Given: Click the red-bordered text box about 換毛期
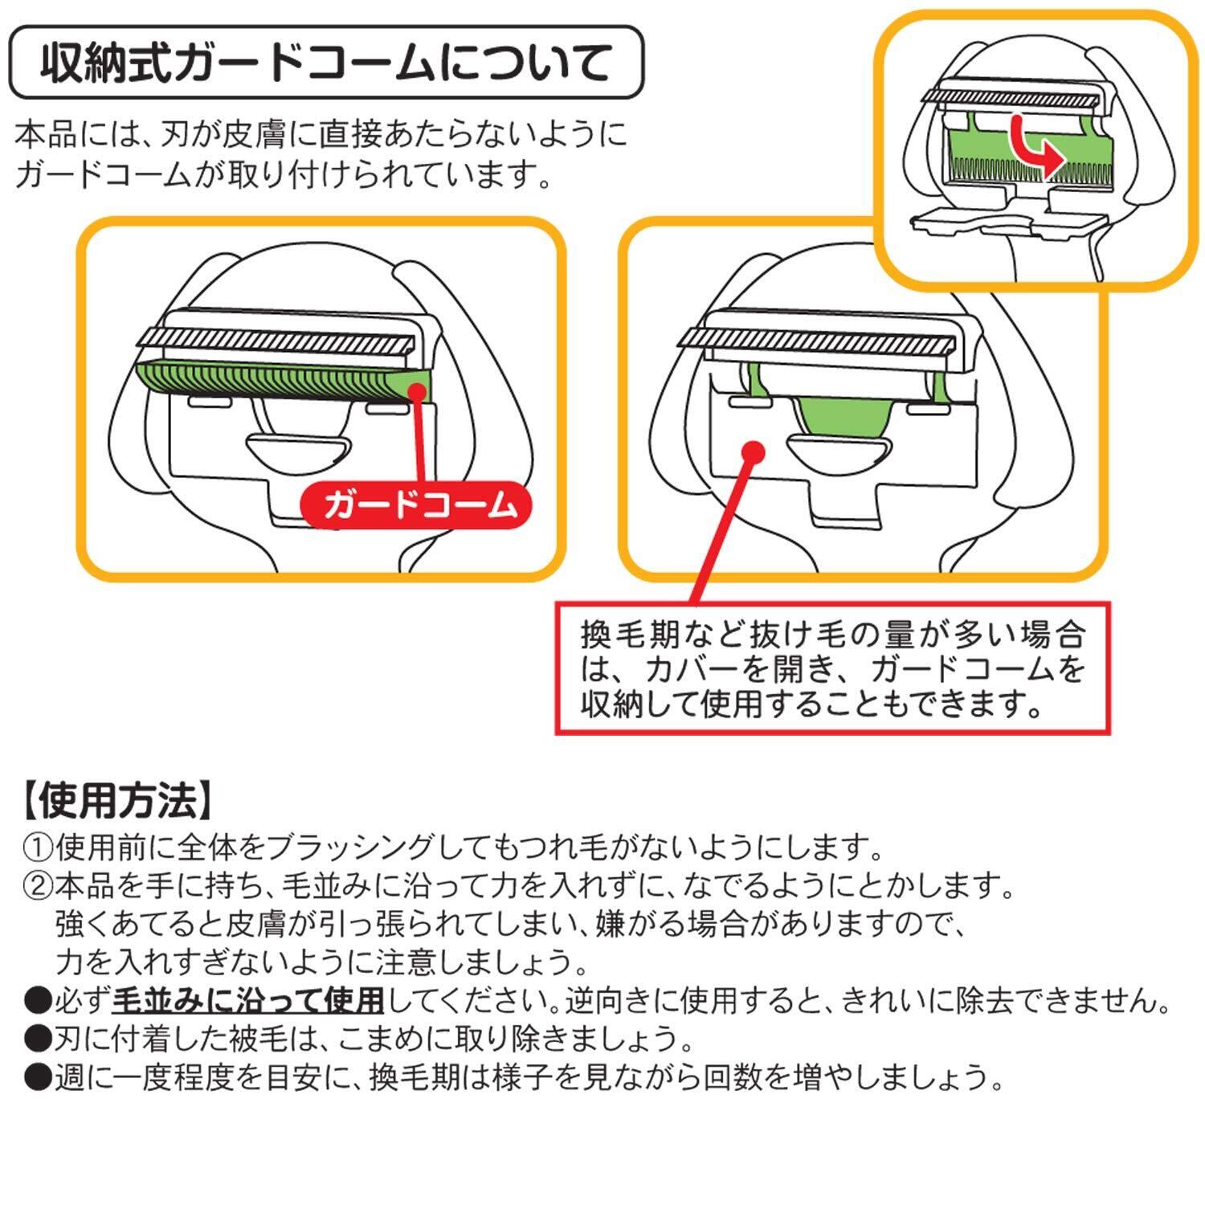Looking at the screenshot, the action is [x=833, y=668].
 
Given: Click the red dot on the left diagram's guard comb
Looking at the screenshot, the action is [x=417, y=392].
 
